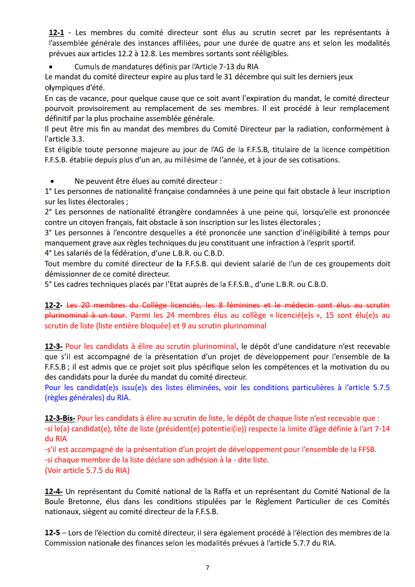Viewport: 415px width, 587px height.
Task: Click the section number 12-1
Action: [x=56, y=33]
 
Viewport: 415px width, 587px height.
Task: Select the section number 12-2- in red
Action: [x=55, y=305]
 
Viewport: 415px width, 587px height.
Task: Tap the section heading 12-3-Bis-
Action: [x=60, y=418]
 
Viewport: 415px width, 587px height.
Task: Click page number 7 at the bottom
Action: [x=207, y=567]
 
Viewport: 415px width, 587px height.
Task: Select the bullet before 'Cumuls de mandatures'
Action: [x=51, y=67]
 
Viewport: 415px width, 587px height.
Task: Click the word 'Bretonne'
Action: [x=81, y=502]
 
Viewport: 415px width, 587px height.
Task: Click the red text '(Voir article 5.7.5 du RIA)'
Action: [x=87, y=471]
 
